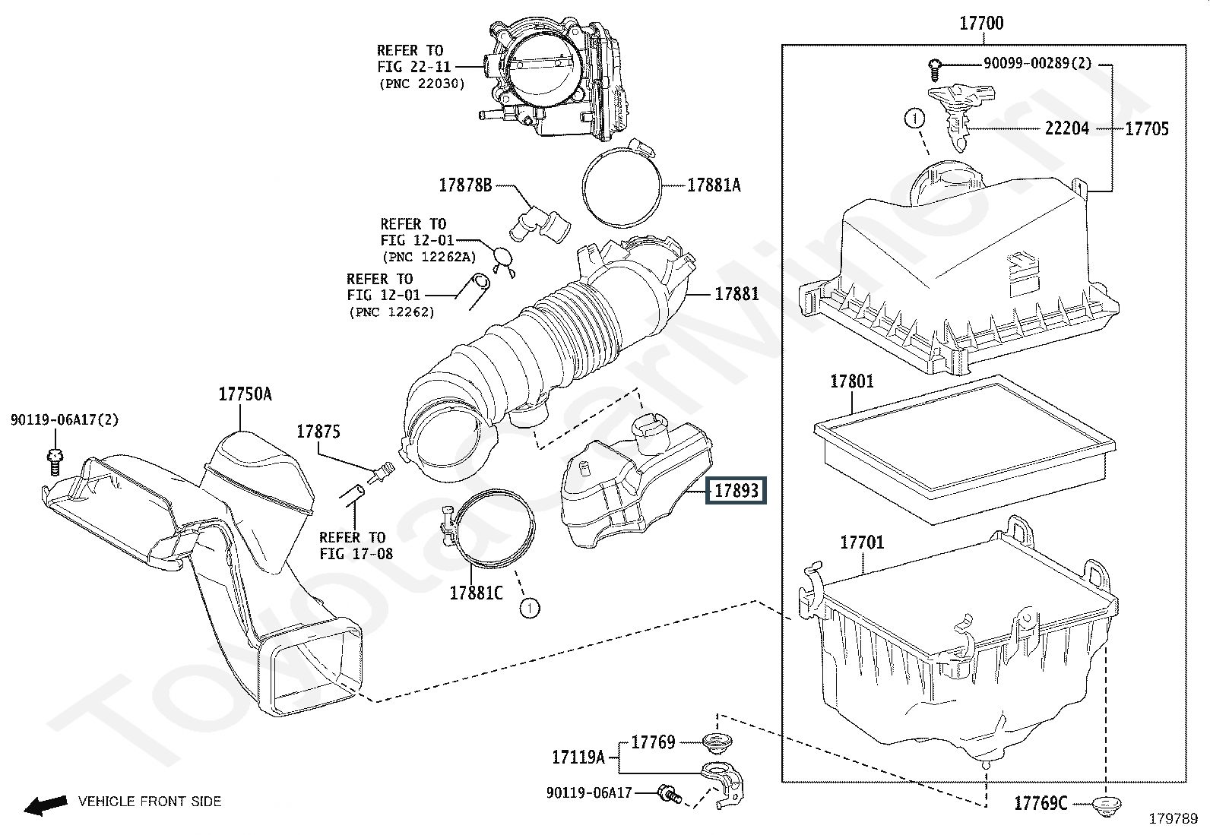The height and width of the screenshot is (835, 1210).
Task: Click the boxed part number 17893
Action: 736,490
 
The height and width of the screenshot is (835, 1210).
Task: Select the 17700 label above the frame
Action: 981,24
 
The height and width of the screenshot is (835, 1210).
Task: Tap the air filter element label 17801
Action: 852,381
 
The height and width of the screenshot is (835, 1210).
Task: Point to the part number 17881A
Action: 714,185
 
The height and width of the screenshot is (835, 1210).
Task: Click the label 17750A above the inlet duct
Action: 245,394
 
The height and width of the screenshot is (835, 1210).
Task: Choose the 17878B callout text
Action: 466,185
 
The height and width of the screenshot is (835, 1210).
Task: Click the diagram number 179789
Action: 1174,819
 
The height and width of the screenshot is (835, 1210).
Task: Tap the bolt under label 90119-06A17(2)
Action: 55,463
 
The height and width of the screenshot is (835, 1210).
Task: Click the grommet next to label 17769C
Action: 1107,804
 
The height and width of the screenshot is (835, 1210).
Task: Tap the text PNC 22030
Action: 422,84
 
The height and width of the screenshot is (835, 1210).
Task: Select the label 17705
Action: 1147,128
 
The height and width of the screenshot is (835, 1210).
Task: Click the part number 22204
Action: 1067,128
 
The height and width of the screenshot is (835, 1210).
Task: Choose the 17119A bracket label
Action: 578,758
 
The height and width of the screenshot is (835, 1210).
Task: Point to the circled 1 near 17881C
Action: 529,609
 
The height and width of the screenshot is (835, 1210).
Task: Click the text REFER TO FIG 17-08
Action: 356,546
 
